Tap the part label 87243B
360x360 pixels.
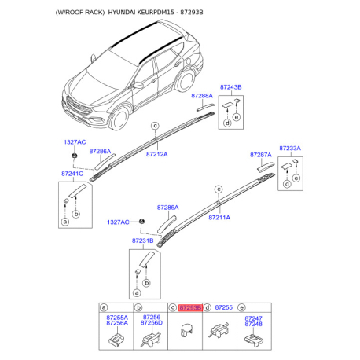[230, 86]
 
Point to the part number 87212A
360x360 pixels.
[155, 156]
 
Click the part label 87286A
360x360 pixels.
[100, 151]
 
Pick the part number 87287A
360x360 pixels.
[261, 156]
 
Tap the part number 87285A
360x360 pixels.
[167, 208]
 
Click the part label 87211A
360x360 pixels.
[219, 217]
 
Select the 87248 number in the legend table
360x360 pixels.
[253, 324]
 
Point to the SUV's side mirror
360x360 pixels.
[138, 83]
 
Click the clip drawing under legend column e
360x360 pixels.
[253, 340]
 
